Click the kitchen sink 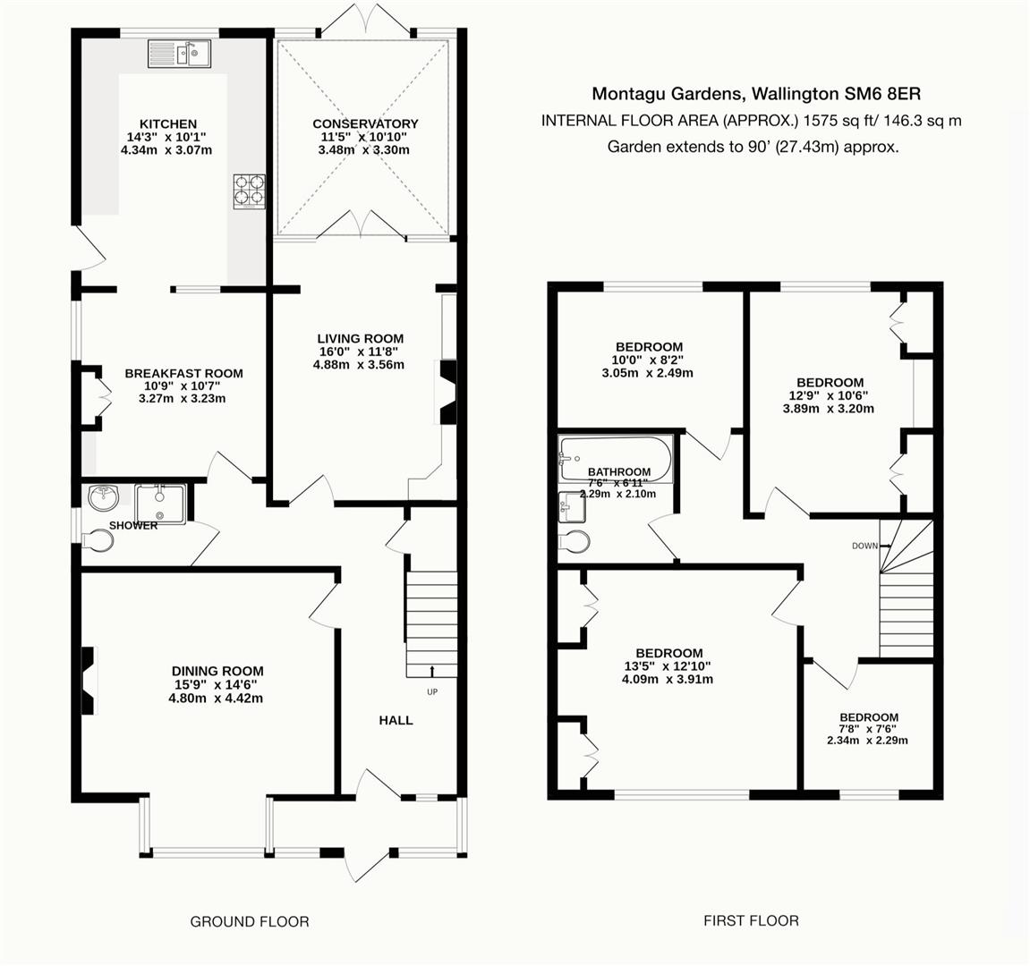(179, 54)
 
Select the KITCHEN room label (167, 123)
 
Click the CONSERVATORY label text (365, 123)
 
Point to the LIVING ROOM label (360, 338)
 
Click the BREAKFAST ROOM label (183, 373)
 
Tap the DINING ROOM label (217, 671)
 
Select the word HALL (396, 719)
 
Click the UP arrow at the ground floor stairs (432, 671)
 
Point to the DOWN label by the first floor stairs (864, 545)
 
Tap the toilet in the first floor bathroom (573, 542)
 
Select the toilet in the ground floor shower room (97, 540)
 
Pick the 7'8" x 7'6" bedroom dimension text (868, 728)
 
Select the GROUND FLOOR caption (250, 921)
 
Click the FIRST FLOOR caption (751, 919)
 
